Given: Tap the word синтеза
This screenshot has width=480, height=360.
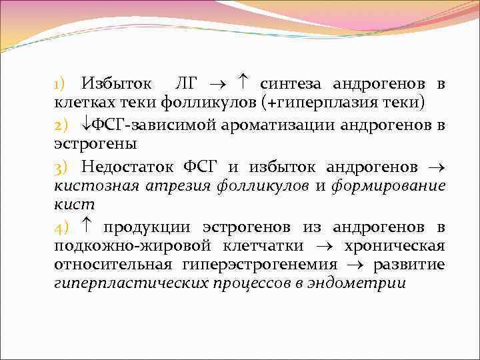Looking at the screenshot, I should [292, 84].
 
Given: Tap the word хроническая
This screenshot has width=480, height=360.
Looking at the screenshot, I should [394, 246].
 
